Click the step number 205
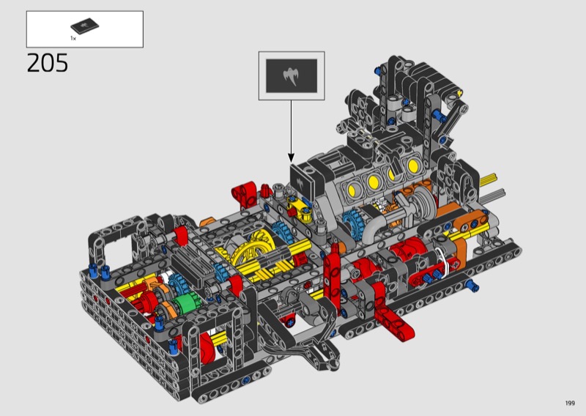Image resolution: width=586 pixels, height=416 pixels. click(48, 63)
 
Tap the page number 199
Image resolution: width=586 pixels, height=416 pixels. click(570, 403)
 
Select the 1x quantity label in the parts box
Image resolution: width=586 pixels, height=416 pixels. click(73, 38)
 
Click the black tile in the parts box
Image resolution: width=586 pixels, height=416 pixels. click(85, 26)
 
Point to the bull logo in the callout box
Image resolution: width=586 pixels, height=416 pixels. click(291, 76)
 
